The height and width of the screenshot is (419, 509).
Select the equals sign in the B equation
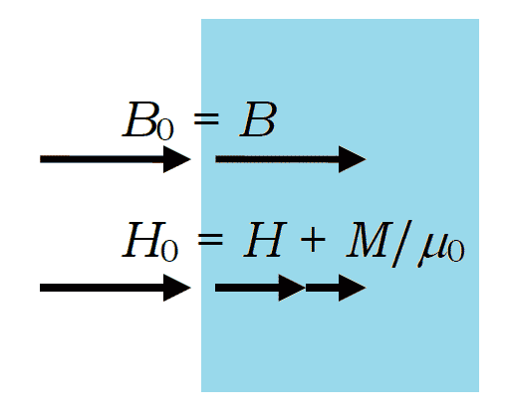pos(206,118)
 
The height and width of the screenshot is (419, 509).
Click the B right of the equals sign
pos(258,119)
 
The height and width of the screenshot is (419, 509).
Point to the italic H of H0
pos(143,240)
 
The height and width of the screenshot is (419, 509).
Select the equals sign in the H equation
pos(210,239)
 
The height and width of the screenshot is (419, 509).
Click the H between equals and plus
pos(265,240)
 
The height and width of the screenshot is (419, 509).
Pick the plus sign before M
pos(313,239)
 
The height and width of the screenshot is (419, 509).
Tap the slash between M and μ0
pos(401,243)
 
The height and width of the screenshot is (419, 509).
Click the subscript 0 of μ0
pos(455,252)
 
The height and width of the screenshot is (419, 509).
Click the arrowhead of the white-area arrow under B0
pos(177,159)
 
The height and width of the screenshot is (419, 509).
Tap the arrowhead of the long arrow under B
pos(353,159)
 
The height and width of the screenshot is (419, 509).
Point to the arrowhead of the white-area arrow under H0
pos(177,288)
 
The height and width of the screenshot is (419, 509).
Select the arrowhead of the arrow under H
pos(292,288)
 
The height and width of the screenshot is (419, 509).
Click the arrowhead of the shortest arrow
pos(353,288)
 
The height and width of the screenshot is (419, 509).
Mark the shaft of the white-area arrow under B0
pos(102,159)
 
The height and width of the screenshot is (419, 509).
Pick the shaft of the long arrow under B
pos(277,159)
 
